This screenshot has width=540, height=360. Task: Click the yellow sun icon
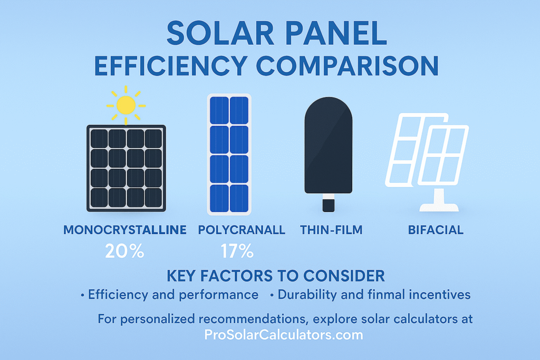[126, 105]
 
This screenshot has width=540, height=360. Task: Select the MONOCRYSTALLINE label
[124, 230]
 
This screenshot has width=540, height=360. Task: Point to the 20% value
[124, 251]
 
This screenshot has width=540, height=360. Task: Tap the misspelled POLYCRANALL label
[242, 230]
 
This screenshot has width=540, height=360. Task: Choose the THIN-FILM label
[331, 230]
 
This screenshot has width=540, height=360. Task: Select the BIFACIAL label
[436, 230]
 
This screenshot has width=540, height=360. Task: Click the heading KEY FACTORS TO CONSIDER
[275, 276]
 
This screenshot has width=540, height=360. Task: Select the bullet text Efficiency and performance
[173, 295]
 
